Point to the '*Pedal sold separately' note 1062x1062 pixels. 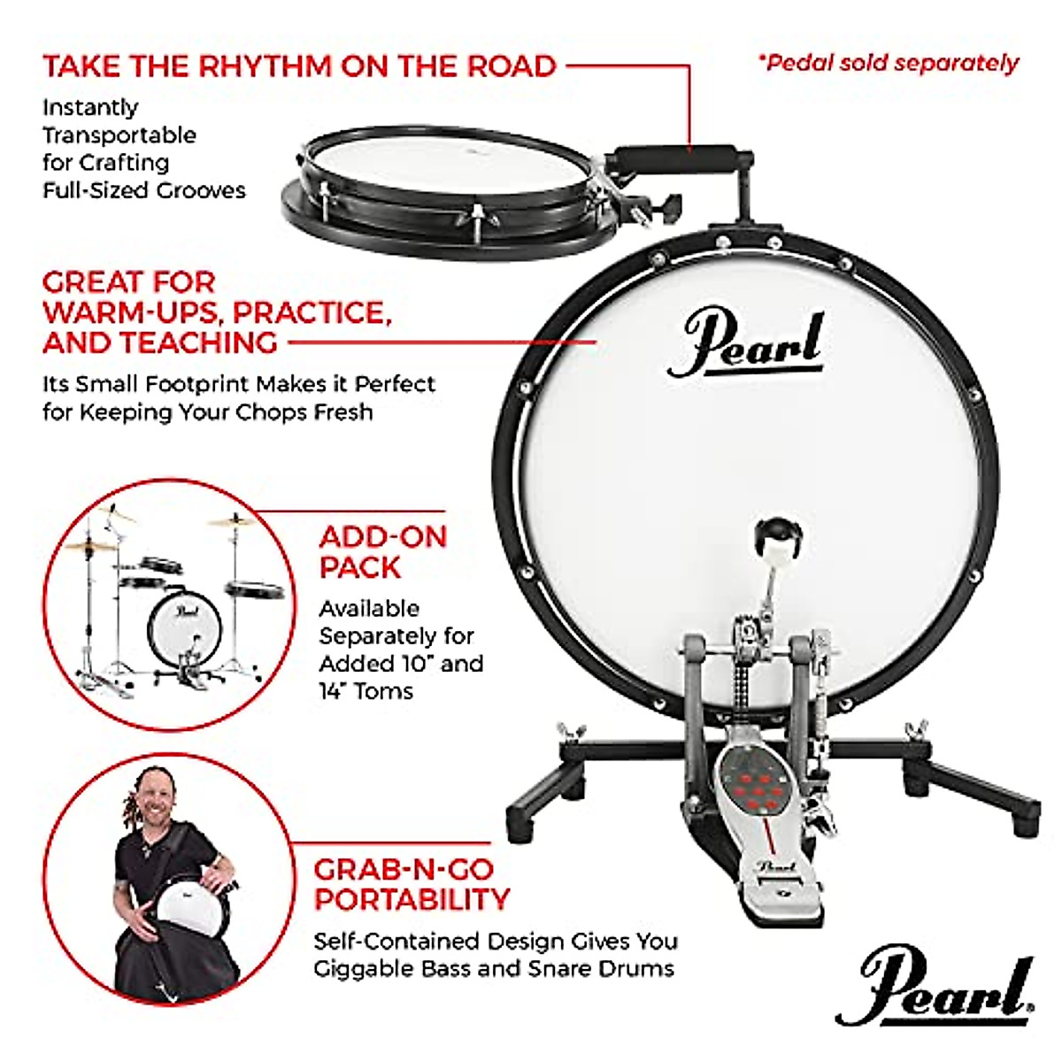888,63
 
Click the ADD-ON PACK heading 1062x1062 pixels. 382,551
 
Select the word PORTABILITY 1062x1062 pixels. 412,899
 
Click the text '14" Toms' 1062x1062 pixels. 366,690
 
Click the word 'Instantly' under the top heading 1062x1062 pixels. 90,107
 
